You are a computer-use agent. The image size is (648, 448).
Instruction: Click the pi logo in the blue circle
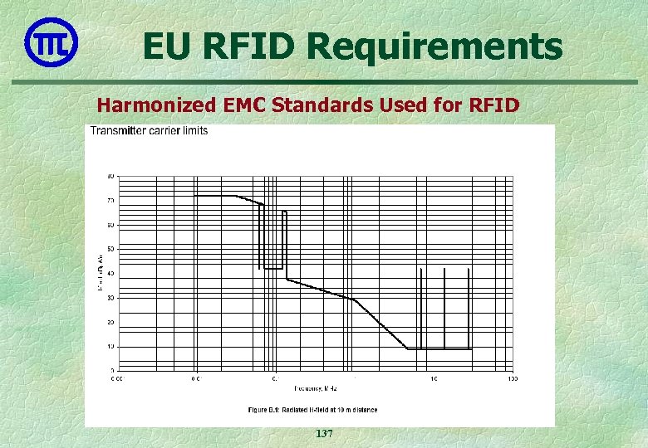click(x=52, y=41)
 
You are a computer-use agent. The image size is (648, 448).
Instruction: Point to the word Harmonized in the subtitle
click(x=155, y=105)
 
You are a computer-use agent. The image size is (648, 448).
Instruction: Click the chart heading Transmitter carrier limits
click(x=150, y=131)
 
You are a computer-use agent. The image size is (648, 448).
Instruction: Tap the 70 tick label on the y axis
click(x=110, y=200)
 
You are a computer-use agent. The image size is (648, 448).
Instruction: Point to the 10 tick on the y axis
click(x=110, y=346)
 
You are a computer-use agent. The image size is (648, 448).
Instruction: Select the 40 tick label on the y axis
click(x=110, y=273)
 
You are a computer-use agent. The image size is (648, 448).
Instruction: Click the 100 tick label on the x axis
click(x=512, y=378)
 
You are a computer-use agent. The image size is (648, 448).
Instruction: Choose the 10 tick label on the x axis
click(x=434, y=378)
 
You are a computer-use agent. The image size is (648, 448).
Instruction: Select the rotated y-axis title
click(x=101, y=273)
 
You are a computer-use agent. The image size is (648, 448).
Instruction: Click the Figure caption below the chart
click(x=312, y=410)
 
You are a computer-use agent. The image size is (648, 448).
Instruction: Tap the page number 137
click(x=324, y=434)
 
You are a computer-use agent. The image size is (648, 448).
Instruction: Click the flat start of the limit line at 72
click(x=214, y=196)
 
